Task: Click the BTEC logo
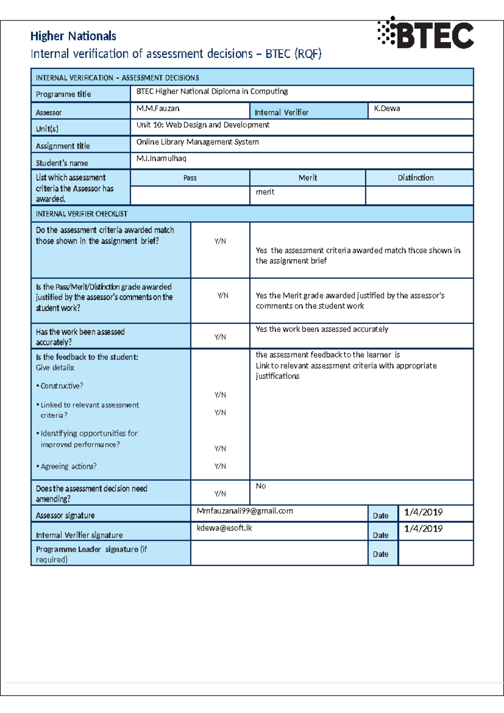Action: (426, 33)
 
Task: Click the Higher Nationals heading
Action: (73, 36)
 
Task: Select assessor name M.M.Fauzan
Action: (157, 108)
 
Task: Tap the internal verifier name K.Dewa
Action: (387, 108)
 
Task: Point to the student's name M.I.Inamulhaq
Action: (161, 158)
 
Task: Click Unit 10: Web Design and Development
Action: (202, 125)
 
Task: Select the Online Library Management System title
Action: (197, 142)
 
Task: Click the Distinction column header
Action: (415, 178)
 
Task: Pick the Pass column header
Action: (190, 178)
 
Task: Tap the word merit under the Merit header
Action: (265, 192)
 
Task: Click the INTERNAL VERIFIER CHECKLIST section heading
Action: (81, 214)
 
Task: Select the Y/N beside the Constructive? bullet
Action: (220, 395)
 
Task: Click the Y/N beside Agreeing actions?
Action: (220, 466)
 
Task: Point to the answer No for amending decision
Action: (261, 486)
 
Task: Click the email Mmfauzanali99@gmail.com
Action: (244, 511)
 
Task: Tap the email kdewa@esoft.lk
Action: (224, 528)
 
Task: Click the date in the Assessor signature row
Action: (423, 512)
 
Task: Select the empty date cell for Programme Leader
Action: (435, 553)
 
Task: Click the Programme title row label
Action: (63, 94)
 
